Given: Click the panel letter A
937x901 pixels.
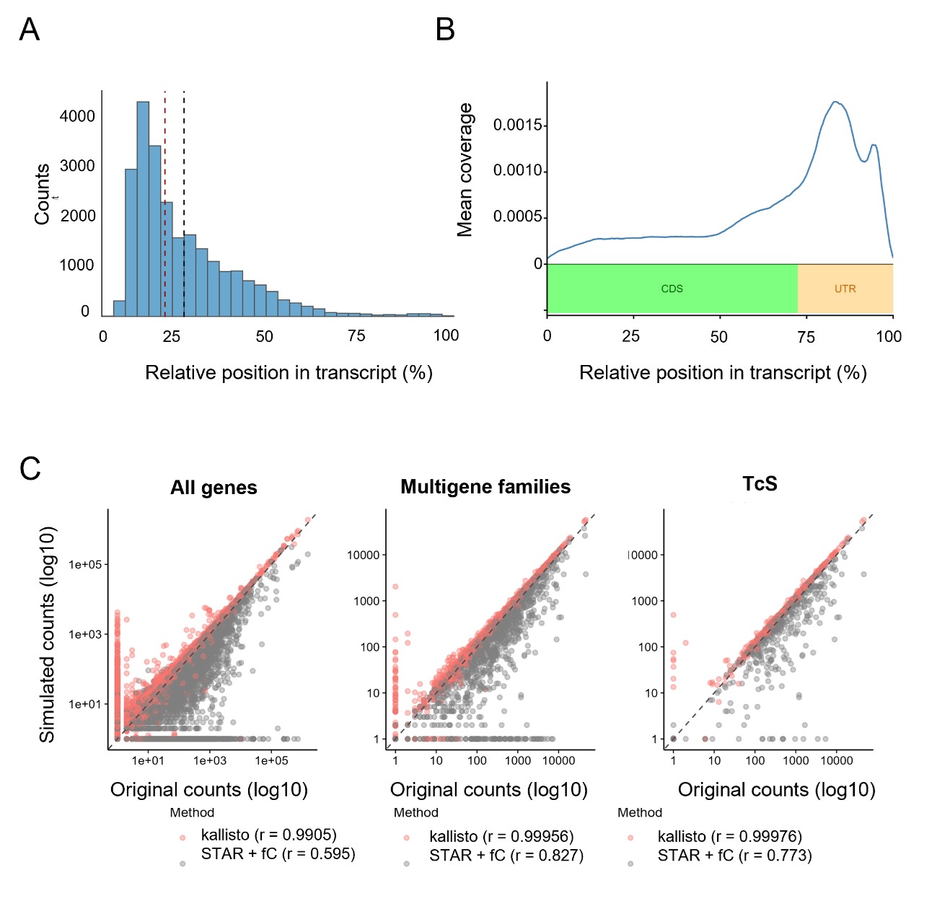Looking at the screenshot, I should pos(30,30).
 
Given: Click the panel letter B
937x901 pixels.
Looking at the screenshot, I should pos(445,30).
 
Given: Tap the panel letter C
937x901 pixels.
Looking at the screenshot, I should pos(30,469).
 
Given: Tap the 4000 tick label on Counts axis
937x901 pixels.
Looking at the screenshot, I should pos(77,116).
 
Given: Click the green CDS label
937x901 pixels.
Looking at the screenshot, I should pos(672,289).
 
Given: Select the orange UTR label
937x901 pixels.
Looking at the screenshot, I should pos(845,289).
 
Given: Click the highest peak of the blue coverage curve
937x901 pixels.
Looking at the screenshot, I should pos(835,102).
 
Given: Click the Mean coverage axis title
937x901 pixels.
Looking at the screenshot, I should pos(465,170).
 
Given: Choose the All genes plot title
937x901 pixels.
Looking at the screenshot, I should pos(214,488).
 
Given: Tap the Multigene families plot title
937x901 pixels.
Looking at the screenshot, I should pos(485,487).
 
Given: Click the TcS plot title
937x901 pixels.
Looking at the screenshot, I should pos(760,483).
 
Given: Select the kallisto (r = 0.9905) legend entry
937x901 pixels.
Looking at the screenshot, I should pos(268,835).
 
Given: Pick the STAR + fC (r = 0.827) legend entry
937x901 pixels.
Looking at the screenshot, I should pos(506,856).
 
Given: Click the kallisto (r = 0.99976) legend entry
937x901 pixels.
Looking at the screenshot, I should pos(729,837).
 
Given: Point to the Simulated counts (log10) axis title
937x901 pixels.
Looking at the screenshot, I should pos(47,635).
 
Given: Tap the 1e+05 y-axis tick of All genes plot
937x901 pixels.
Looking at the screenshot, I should pos(85,565).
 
